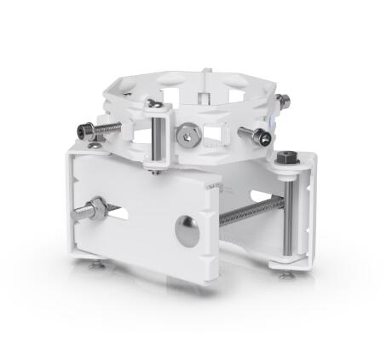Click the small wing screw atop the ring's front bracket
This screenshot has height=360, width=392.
(x=156, y=105)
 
